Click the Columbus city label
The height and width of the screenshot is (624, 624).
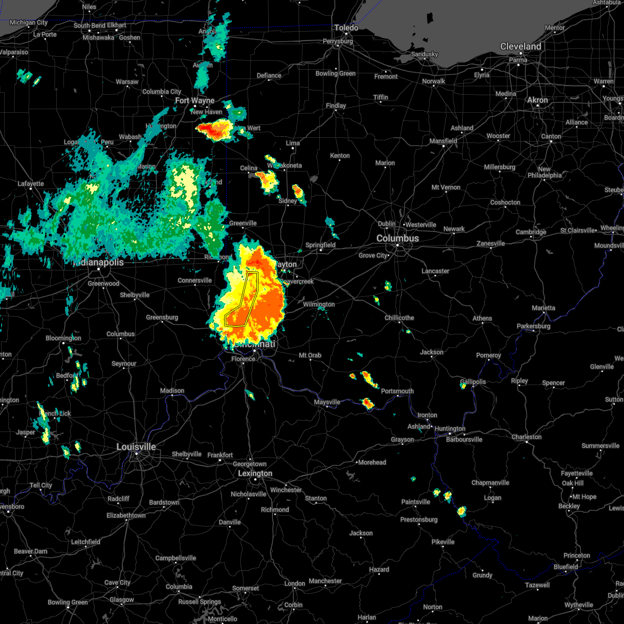tap(398, 238)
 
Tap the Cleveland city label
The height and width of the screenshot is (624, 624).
tap(521, 46)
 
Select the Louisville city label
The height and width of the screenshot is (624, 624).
tap(136, 447)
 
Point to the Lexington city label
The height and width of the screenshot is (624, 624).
tap(255, 473)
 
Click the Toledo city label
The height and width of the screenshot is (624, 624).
tap(346, 28)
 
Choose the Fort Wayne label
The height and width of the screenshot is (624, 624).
tap(194, 100)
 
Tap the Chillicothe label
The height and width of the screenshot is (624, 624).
tap(399, 318)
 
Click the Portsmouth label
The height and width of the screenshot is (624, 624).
tap(397, 391)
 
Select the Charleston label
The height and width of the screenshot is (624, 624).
tap(526, 437)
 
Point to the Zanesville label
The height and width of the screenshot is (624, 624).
tap(491, 243)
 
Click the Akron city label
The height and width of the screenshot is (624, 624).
tap(538, 100)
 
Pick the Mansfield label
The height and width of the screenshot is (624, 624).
tap(444, 141)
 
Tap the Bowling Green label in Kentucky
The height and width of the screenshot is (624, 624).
tap(68, 602)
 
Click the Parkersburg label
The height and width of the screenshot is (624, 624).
tap(534, 326)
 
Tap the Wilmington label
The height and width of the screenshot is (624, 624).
tap(319, 304)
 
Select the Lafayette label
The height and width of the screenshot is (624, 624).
tap(31, 184)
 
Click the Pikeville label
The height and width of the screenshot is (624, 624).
tap(443, 542)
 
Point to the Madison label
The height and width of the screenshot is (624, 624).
tap(172, 391)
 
